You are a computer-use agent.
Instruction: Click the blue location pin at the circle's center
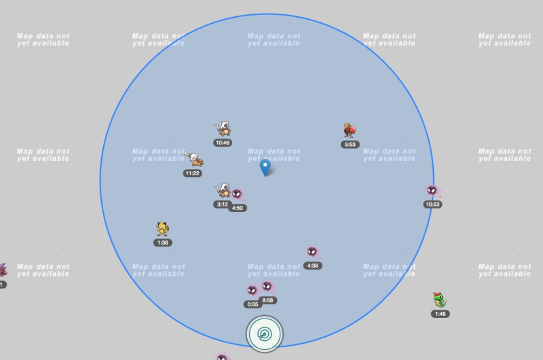[265, 166]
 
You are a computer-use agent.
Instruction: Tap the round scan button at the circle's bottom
[265, 334]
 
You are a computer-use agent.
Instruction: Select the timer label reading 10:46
[223, 143]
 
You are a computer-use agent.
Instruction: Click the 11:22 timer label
[192, 173]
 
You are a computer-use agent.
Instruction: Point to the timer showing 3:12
[222, 204]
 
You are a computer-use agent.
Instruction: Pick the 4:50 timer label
[238, 208]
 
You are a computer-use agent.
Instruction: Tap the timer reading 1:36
[162, 242]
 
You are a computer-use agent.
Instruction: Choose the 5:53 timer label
[350, 144]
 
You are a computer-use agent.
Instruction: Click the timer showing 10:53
[432, 204]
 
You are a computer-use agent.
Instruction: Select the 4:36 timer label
[312, 266]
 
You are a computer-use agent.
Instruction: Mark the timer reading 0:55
[252, 304]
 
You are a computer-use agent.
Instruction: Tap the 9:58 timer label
[268, 300]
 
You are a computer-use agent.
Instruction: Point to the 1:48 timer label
[440, 314]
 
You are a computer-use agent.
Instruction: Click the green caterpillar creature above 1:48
[441, 300]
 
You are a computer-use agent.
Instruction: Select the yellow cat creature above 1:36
[162, 228]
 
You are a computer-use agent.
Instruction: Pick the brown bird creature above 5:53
[350, 130]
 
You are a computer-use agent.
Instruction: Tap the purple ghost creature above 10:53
[432, 190]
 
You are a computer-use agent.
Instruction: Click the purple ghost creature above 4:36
[312, 252]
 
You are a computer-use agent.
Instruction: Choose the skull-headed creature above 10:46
[223, 128]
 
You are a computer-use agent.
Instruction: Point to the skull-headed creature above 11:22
[195, 160]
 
